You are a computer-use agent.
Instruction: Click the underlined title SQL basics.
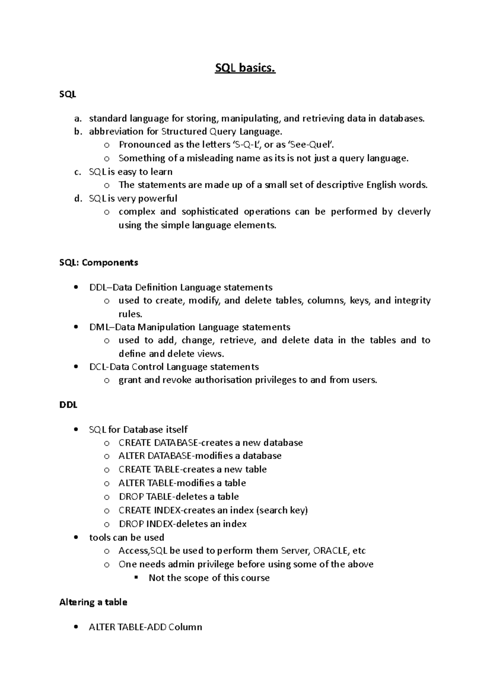[x=245, y=68]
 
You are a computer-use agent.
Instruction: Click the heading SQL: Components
[x=98, y=262]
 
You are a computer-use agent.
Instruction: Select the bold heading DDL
[x=68, y=405]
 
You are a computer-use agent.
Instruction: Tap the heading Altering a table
[x=93, y=602]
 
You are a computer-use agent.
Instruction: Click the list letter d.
[x=78, y=198]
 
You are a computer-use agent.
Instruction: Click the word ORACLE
[x=330, y=551]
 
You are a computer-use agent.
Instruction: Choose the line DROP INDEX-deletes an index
[x=183, y=524]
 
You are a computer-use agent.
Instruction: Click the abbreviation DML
[x=98, y=327]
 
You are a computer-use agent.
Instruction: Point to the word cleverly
[x=414, y=212]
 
